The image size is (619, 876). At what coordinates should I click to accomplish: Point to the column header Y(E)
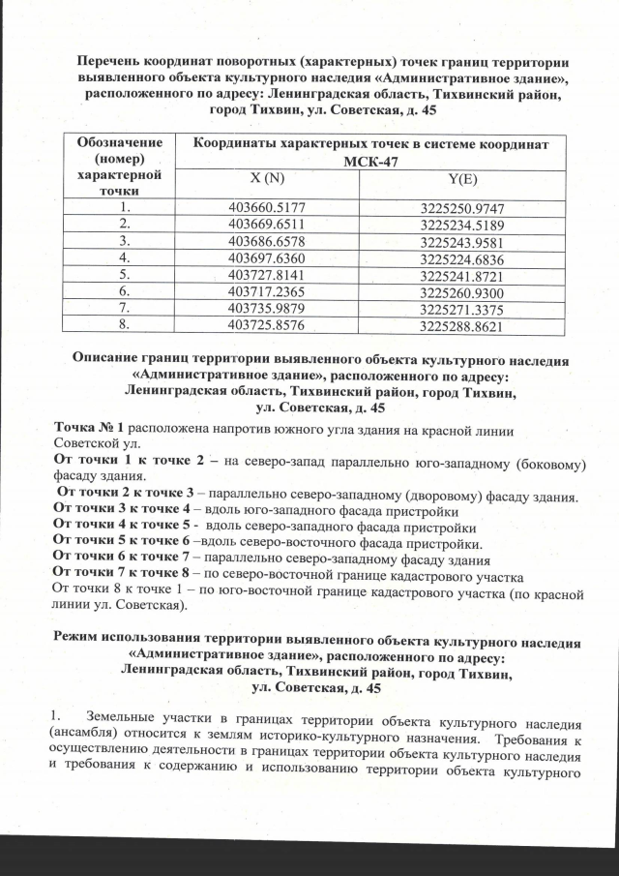[x=463, y=181]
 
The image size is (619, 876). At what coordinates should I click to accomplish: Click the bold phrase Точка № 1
[x=91, y=428]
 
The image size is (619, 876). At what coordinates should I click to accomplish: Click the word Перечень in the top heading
[x=117, y=61]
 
